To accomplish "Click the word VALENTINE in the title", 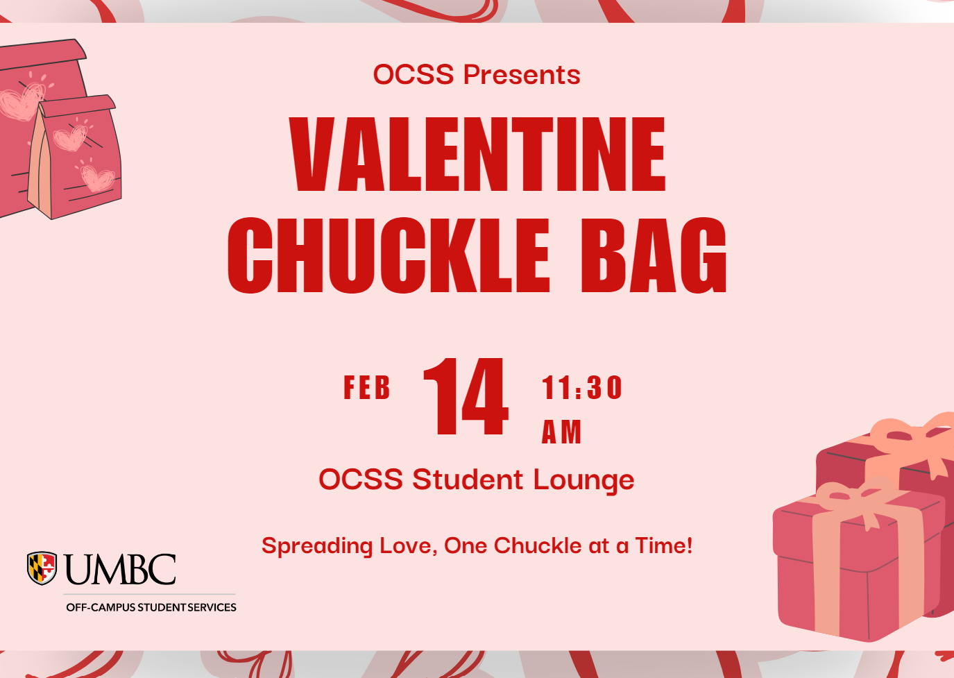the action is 477,154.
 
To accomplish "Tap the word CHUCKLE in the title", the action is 389,255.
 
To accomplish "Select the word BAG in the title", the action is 654,255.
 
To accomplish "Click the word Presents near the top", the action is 522,75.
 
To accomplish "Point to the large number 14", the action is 466,396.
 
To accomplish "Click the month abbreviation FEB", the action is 367,387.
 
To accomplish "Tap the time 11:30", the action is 582,387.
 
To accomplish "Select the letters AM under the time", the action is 561,432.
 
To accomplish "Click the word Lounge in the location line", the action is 584,481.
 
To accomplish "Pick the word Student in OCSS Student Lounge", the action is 468,480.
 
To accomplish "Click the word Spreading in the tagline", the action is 317,547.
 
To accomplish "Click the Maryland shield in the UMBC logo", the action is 42,568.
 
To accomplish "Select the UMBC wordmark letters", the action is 121,570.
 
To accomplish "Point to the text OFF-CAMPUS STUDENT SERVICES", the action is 151,607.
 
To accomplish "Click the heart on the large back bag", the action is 22,101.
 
